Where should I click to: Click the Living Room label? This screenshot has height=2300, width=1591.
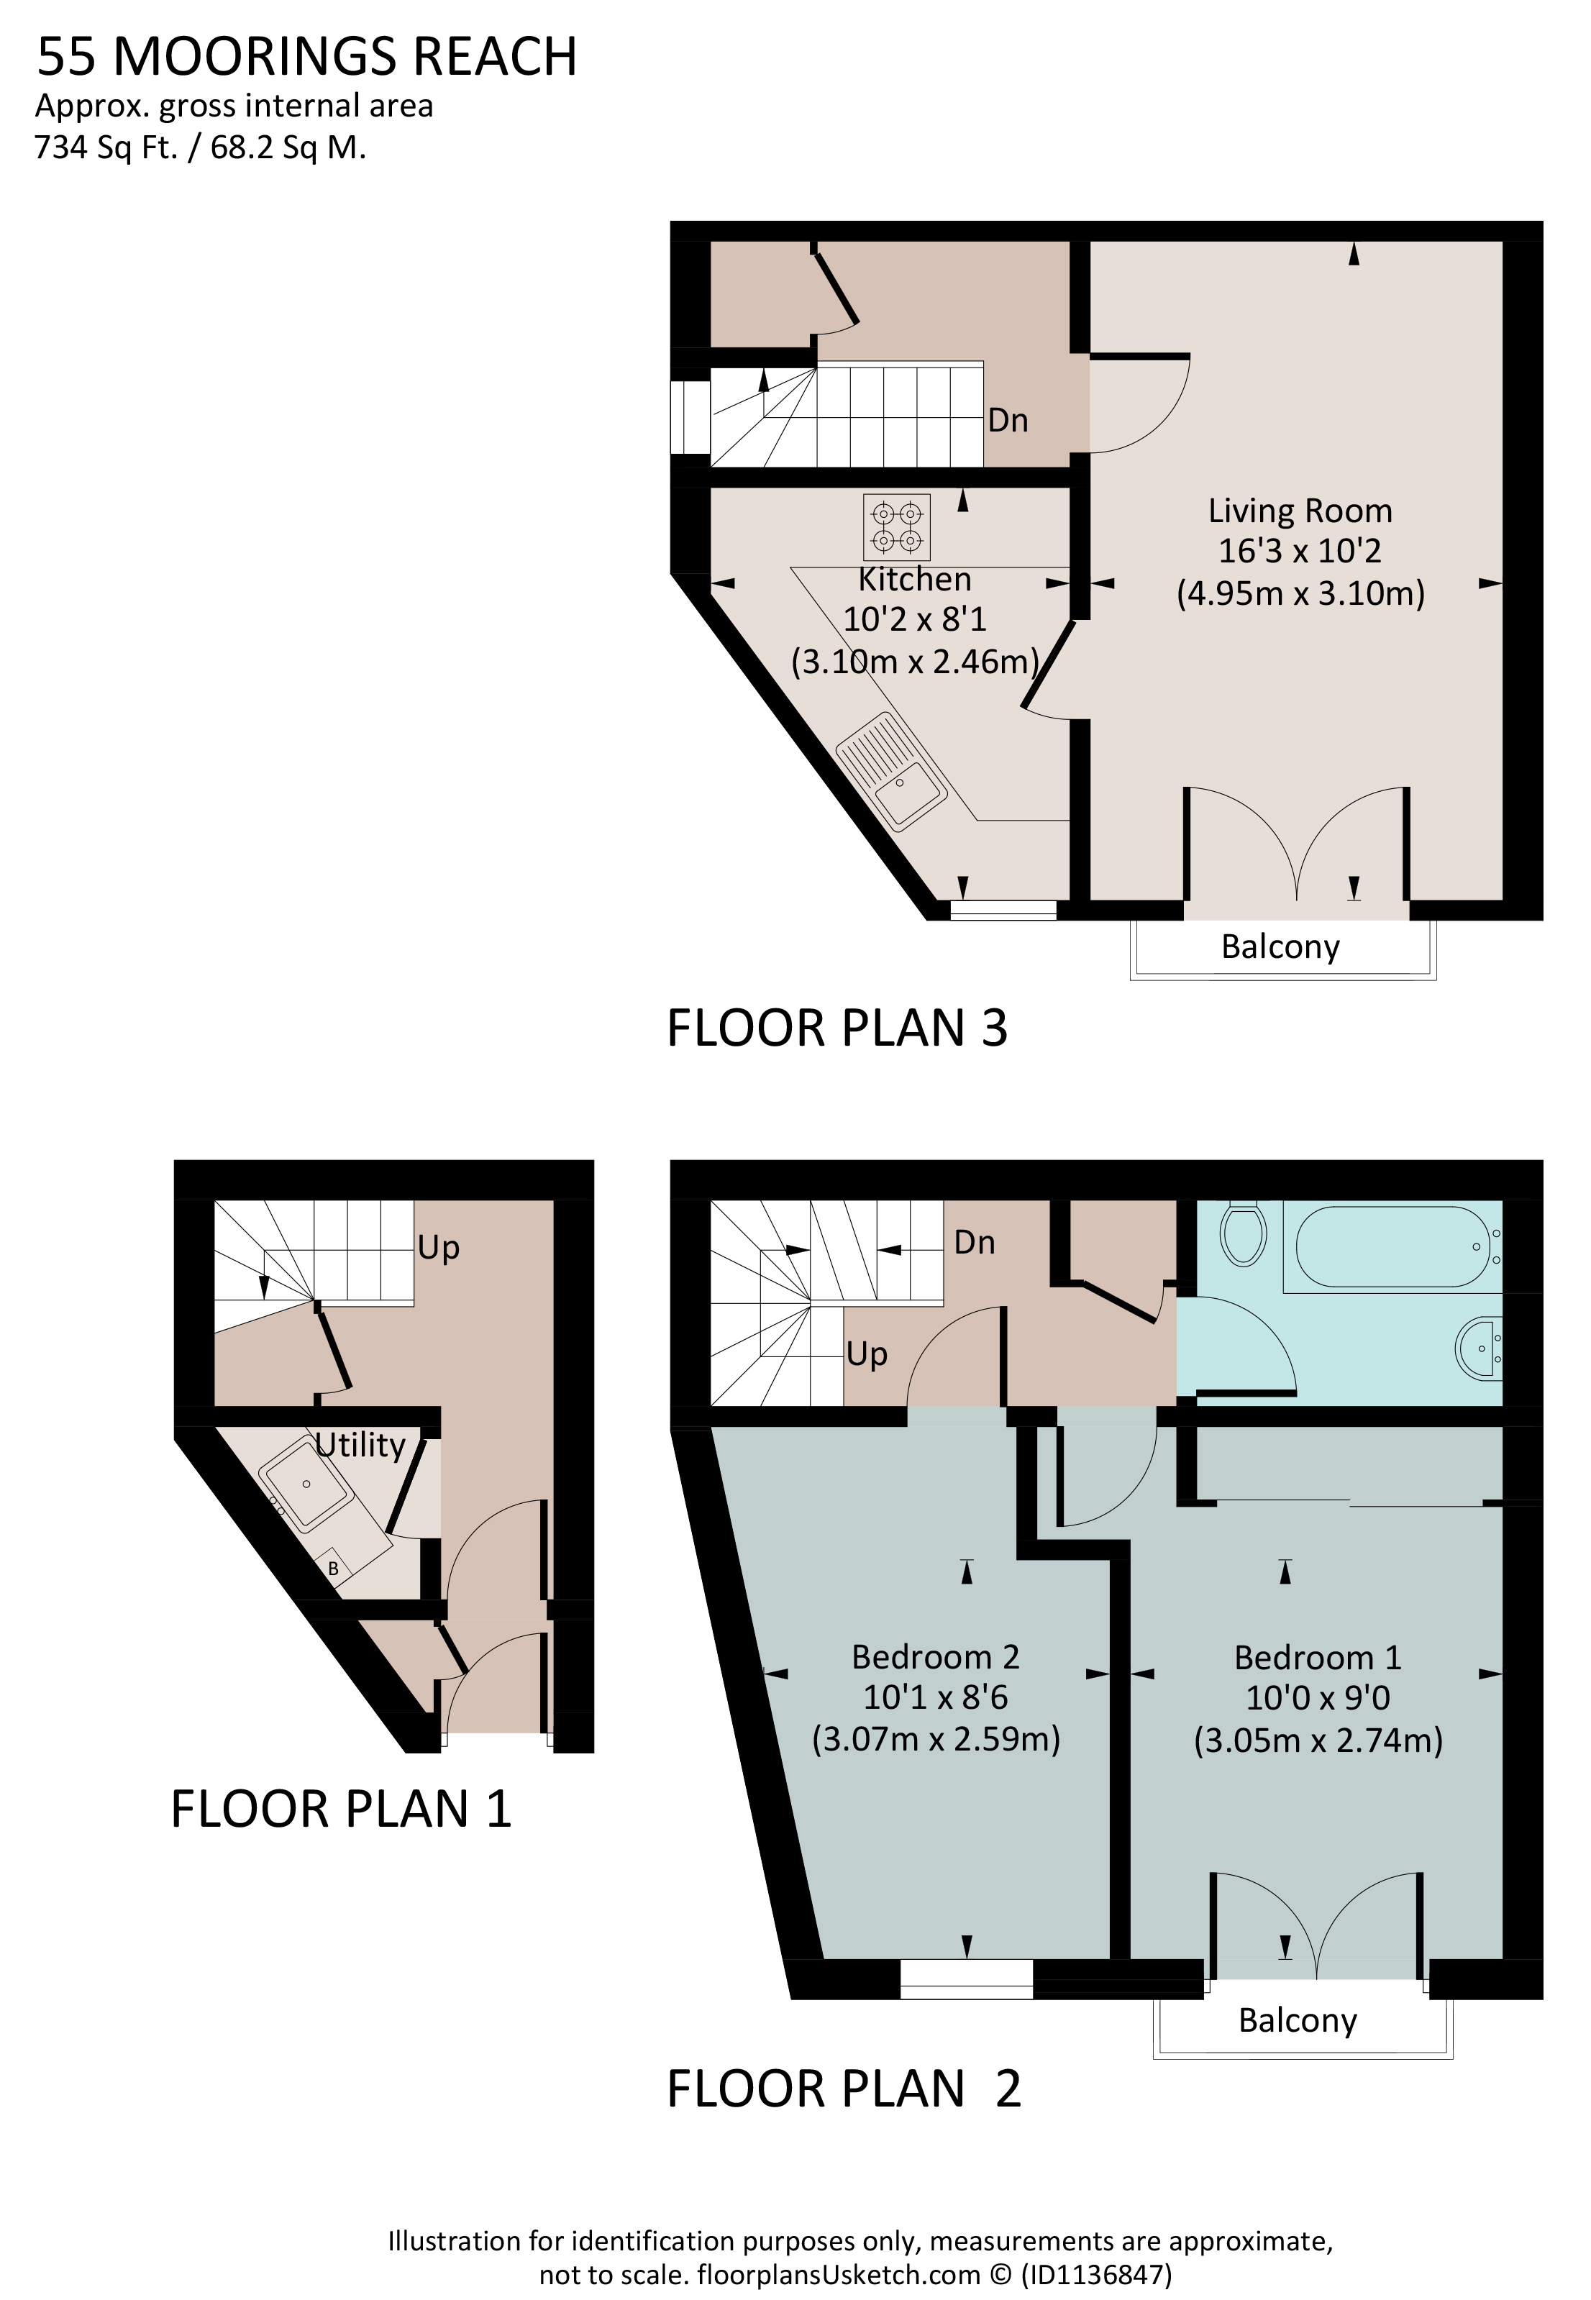(x=1300, y=511)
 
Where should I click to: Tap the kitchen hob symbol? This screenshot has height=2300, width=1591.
(x=896, y=527)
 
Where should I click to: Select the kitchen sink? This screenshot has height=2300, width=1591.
(x=891, y=770)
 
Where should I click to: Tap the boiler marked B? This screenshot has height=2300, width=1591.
(x=333, y=1569)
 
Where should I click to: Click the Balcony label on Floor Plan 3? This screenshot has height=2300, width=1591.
(x=1280, y=946)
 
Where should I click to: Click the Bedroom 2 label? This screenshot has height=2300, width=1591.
(x=935, y=1657)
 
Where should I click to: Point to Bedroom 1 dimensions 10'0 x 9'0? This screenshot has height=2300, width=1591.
(x=1318, y=1697)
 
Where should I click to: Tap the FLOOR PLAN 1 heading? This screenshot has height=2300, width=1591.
(x=341, y=1809)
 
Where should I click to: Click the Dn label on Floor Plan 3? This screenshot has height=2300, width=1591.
(x=1008, y=421)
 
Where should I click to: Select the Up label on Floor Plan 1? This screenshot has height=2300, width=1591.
(x=439, y=1248)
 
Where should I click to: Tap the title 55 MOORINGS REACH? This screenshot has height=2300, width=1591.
(x=307, y=57)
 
